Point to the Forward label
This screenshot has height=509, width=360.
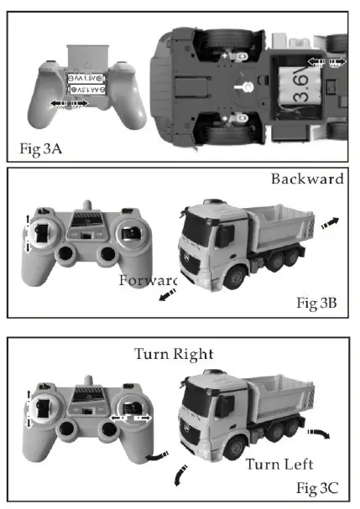pos(149,279)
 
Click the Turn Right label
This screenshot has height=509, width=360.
pos(174,353)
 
